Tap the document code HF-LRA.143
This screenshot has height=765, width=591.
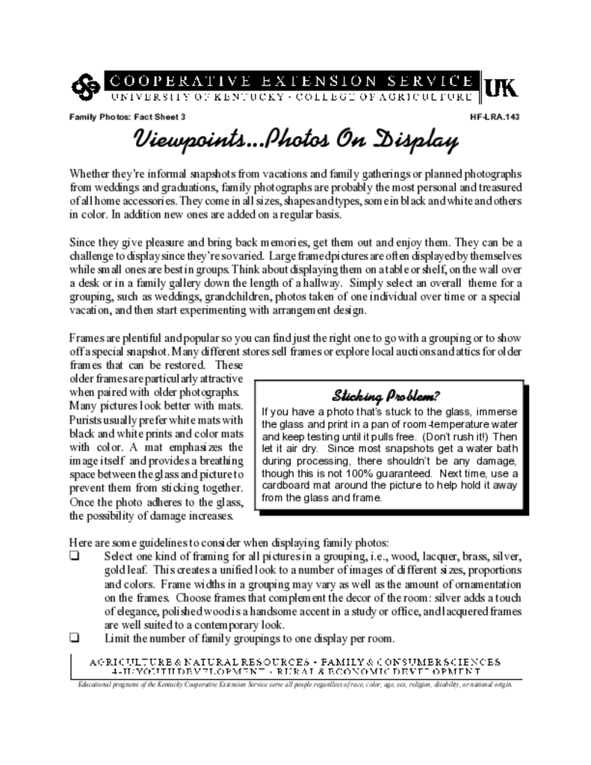tap(494, 117)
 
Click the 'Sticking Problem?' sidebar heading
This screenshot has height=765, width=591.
tap(386, 394)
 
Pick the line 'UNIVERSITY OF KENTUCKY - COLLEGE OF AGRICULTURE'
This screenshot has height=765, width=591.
tap(292, 98)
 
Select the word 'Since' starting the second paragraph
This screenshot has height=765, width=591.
tap(82, 242)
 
